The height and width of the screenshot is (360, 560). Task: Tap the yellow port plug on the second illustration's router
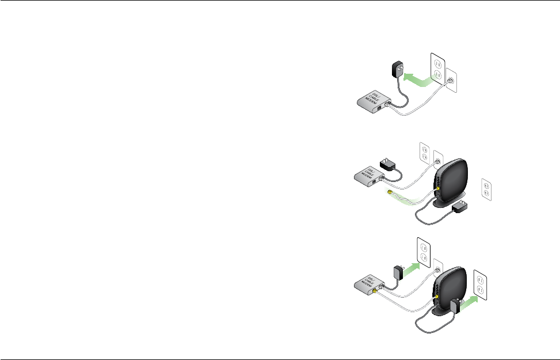click(438, 188)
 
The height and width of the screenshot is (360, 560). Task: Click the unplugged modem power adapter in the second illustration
click(390, 164)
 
